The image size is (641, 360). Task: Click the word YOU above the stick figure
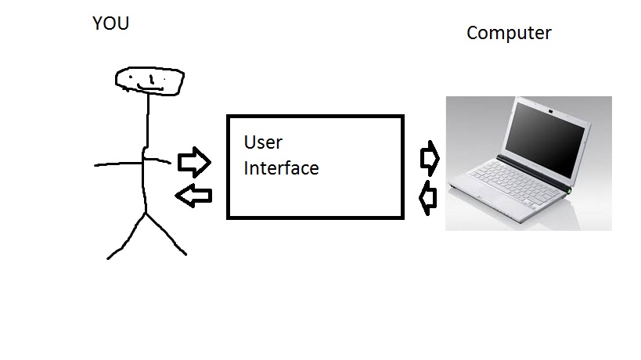click(x=110, y=24)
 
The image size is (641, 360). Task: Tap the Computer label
click(x=509, y=34)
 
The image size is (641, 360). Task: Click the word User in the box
click(x=263, y=143)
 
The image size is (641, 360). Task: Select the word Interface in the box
click(x=281, y=168)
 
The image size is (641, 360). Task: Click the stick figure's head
click(x=149, y=79)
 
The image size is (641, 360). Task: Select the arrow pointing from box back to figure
click(x=194, y=196)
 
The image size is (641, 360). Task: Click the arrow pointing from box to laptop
click(x=430, y=158)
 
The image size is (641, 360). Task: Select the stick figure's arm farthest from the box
click(x=117, y=164)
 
